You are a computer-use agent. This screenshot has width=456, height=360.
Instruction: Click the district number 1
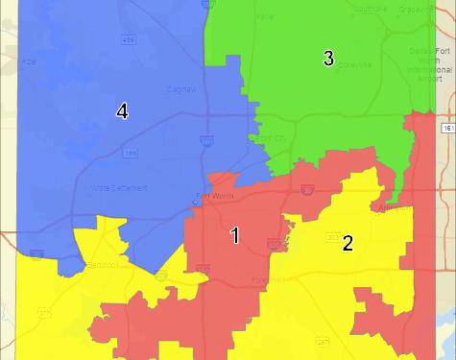coord(234,235)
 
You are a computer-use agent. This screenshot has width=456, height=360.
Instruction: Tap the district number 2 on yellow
coord(348,243)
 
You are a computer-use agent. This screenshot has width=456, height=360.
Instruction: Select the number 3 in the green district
coord(328,59)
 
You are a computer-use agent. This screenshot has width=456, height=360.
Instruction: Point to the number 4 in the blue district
coord(122,111)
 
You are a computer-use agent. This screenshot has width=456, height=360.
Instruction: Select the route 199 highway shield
coord(132,153)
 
